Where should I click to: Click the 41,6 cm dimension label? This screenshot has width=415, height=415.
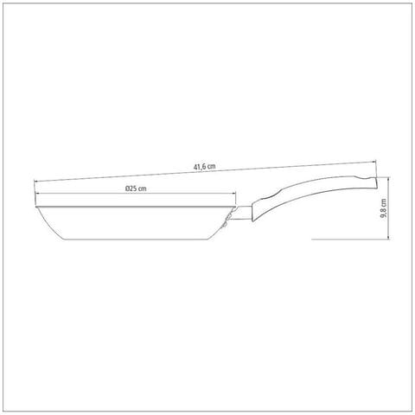coord(204,167)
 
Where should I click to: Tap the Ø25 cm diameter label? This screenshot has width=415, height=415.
coord(136,188)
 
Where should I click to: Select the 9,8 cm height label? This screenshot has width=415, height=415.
coord(384,208)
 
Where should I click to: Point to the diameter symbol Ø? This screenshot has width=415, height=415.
coord(127,188)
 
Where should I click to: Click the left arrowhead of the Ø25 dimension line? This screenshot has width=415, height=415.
coord(37,194)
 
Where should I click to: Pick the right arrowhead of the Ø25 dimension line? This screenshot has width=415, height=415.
coord(233,194)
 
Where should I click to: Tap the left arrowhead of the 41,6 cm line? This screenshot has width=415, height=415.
coord(36,182)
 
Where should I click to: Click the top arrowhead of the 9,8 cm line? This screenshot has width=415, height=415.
coord(389,179)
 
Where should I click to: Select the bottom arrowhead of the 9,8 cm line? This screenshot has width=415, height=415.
coord(389,237)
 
